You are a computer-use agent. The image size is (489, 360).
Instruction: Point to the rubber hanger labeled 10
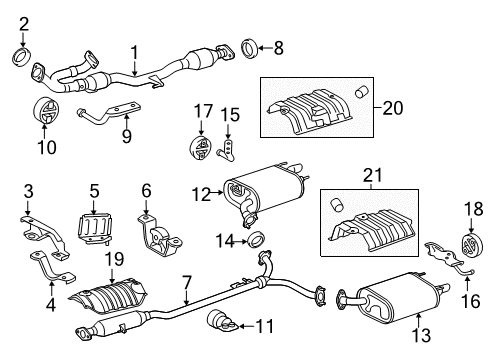pyautogui.click(x=47, y=111)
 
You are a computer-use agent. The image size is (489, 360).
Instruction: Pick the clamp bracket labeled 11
pyautogui.click(x=222, y=323)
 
